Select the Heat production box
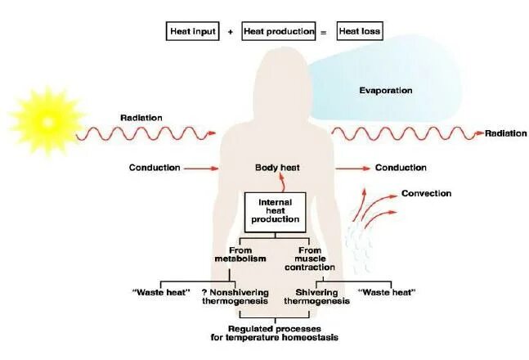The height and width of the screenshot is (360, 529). [279, 31]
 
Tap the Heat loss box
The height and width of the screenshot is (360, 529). [359, 31]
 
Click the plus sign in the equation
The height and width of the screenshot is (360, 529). [231, 31]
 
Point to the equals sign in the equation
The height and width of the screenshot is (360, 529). [323, 31]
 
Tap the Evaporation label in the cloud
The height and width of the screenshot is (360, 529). [386, 90]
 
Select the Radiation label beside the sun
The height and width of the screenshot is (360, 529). [141, 117]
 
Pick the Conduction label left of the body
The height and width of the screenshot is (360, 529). [154, 168]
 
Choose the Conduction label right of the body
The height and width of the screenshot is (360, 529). [401, 168]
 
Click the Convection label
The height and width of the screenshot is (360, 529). [426, 194]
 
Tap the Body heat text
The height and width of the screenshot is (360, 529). [278, 168]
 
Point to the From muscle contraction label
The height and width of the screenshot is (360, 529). [315, 259]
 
